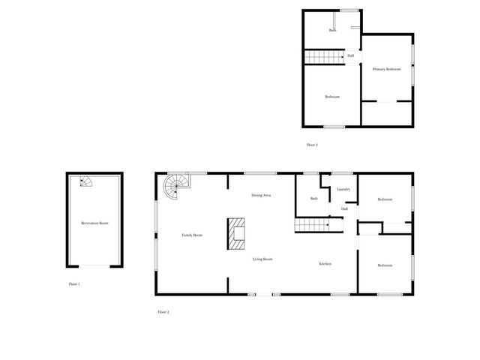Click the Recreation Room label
[95, 223]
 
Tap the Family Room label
[193, 235]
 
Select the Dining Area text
[261, 195]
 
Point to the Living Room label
[262, 259]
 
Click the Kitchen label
[325, 264]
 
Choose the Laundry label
[344, 190]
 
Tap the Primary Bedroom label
[387, 69]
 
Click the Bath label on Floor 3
[332, 31]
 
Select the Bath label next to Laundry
[315, 198]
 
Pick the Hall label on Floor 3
[350, 55]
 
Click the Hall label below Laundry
[344, 209]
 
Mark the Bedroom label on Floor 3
[332, 97]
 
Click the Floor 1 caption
[74, 284]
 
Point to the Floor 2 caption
[163, 311]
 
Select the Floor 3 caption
[312, 145]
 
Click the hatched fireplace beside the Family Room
[236, 233]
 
